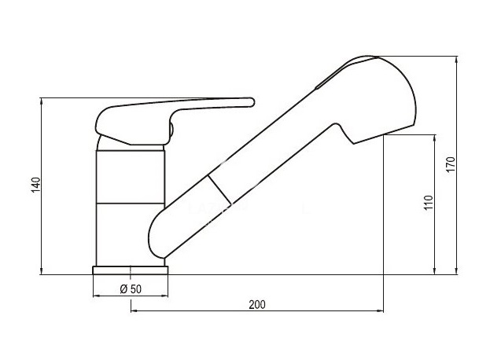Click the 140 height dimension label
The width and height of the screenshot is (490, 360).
coord(36,185)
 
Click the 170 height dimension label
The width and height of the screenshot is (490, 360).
coord(451,164)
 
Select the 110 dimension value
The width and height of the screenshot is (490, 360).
coord(429,203)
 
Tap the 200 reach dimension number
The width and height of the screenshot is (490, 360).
coord(257,304)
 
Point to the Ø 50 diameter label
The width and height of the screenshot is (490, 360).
coord(131,289)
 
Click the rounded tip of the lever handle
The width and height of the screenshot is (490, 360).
coord(252,102)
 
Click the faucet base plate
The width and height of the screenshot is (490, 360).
coord(131,270)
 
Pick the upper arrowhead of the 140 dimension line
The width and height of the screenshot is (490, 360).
coord(41,101)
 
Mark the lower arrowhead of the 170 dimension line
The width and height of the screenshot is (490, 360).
coord(456,271)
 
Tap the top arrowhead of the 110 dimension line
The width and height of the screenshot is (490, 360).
coord(434,138)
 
